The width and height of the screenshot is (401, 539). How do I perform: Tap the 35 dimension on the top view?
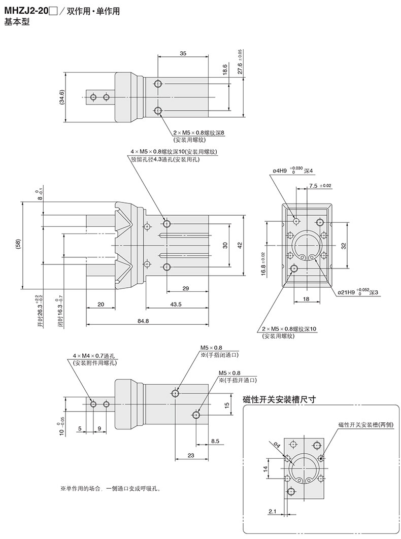click(x=183, y=52)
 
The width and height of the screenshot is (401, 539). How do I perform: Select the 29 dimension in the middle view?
click(x=185, y=288)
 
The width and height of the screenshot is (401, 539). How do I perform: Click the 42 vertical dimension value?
click(x=241, y=245)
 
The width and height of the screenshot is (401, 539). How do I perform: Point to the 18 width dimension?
click(x=306, y=299)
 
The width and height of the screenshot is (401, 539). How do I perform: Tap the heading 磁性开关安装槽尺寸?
click(x=280, y=399)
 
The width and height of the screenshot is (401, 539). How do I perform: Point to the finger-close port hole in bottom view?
click(x=175, y=393)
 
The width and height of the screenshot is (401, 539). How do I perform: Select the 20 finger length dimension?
click(x=100, y=304)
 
